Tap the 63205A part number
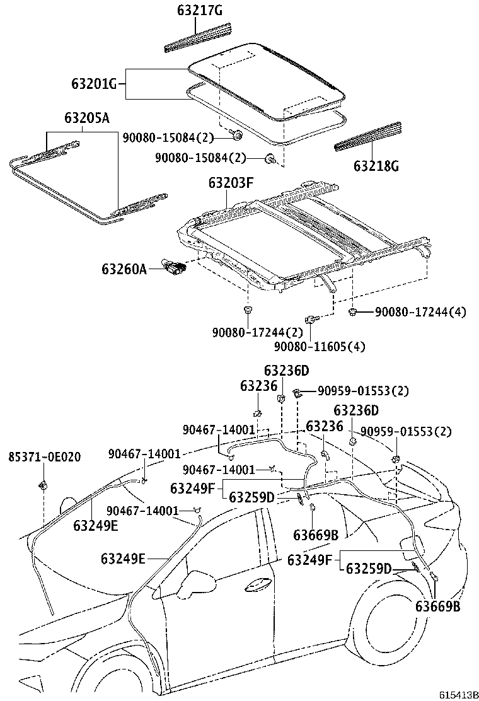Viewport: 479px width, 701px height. [86, 118]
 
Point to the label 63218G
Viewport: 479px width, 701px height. [376, 166]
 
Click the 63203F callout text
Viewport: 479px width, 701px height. [231, 183]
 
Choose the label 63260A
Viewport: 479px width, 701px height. [124, 269]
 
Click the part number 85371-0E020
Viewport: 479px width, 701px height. [44, 456]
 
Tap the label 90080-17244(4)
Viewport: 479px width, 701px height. [420, 311]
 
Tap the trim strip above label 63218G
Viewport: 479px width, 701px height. [367, 136]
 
